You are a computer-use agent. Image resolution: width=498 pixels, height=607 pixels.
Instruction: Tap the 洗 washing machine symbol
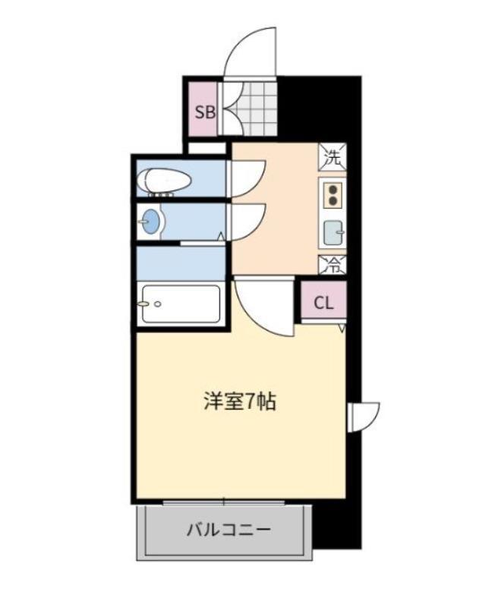(333, 159)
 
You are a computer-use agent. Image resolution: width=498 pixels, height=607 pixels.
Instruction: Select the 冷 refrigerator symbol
(333, 265)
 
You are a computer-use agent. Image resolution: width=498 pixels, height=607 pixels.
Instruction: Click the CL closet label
(323, 303)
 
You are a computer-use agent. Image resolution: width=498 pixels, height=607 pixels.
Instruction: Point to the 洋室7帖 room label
(239, 401)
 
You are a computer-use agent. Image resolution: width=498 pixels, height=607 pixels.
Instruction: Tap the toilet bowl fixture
(162, 181)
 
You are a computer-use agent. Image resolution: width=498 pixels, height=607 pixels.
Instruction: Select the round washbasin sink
(153, 222)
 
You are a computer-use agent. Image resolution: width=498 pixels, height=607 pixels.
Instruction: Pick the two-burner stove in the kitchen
(333, 195)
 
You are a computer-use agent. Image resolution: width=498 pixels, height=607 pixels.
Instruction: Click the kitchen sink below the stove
(333, 231)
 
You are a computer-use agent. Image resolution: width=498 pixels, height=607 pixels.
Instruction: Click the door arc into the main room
(262, 307)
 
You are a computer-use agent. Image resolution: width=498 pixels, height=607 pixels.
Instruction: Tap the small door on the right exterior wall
(363, 416)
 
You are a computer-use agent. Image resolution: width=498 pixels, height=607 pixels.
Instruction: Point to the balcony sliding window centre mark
(224, 501)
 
